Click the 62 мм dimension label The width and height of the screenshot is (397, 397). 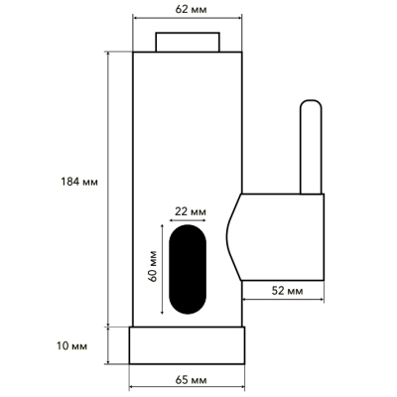click(191, 9)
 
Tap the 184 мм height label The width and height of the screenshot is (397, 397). click(79, 182)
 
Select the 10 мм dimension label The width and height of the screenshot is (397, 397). click(72, 346)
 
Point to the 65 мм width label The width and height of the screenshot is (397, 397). click(191, 380)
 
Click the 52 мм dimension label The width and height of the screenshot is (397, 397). click(287, 291)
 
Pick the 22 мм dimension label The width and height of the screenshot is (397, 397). click(191, 211)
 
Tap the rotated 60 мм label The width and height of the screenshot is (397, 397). click(153, 266)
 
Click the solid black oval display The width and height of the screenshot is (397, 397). click(188, 269)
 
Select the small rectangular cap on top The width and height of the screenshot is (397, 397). click(188, 42)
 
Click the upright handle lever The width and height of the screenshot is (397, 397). click(311, 146)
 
